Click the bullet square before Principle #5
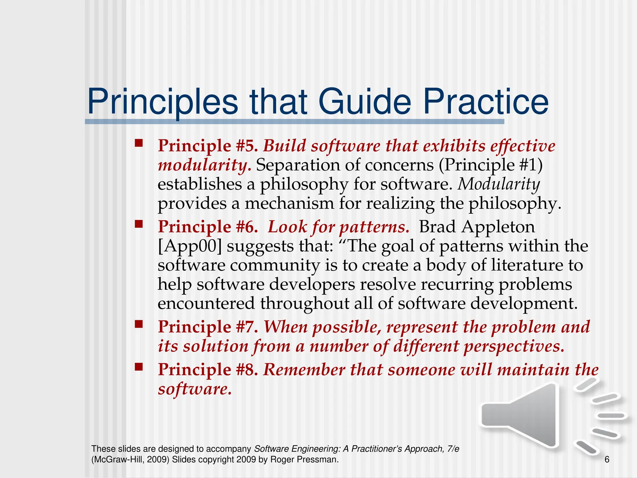138,143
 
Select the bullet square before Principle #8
138,367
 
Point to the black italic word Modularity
499,184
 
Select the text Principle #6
207,227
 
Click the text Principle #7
207,327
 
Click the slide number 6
607,459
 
